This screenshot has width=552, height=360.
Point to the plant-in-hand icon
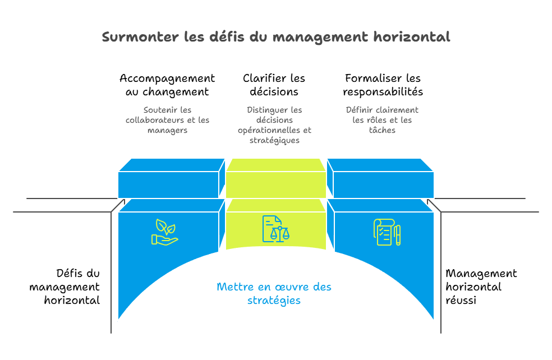coord(164,232)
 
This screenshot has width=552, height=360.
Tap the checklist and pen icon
coord(387,232)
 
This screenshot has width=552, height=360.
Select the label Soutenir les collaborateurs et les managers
coord(167,120)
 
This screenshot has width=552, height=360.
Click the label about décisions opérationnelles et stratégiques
coord(274,125)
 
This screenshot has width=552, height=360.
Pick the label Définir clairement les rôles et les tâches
coord(382,120)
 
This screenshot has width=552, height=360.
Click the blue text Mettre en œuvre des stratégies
coord(274,294)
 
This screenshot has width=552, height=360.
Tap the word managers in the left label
coord(167,130)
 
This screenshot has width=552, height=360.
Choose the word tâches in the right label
coord(382,130)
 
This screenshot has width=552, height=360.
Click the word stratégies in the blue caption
coord(274,301)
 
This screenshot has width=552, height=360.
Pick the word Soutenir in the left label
coord(160,110)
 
